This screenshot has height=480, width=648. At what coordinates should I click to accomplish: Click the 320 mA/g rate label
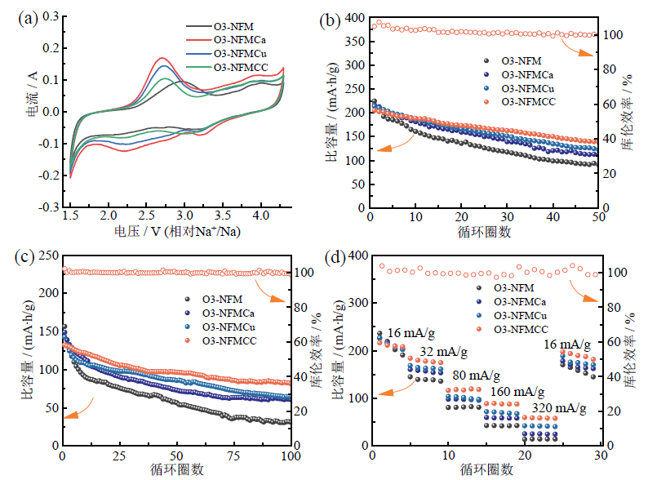[x=558, y=407]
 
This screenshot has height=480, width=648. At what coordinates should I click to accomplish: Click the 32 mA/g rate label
[x=443, y=352]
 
